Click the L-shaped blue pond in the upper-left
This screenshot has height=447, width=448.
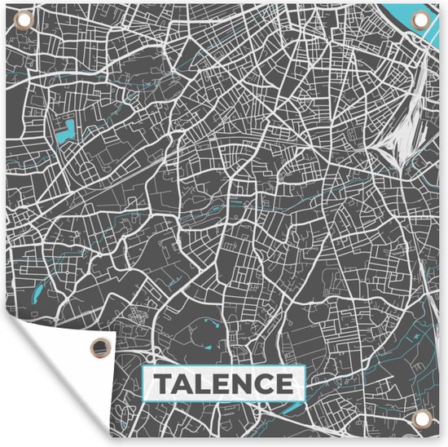[x=66, y=130]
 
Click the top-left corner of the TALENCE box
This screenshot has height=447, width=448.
[x=143, y=368]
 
